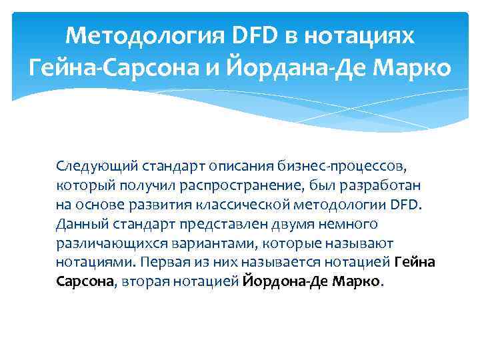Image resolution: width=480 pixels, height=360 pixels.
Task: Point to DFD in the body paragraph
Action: click(403, 203)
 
